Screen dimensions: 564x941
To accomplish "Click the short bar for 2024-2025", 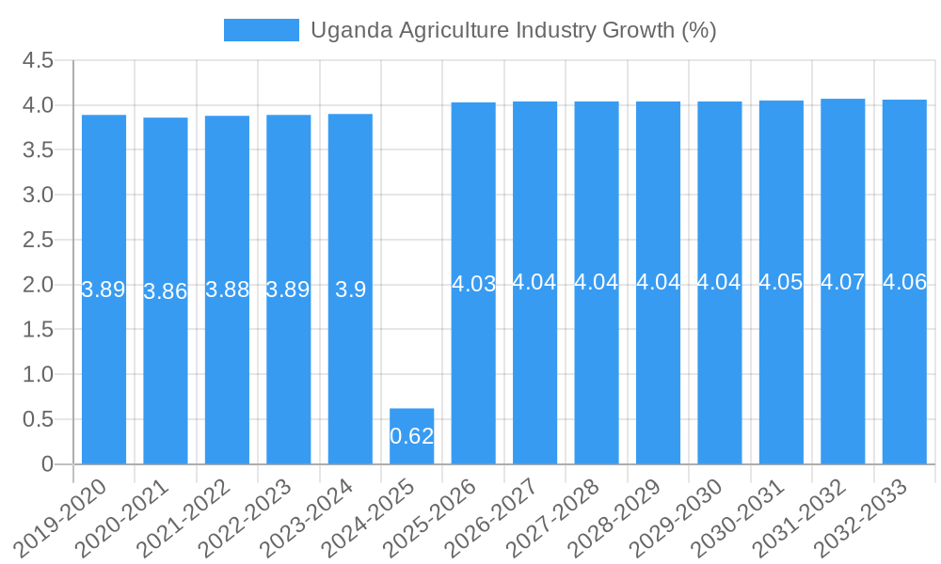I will [x=411, y=436].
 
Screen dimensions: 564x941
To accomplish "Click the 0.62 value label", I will [x=411, y=436].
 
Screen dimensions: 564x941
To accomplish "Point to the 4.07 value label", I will [x=842, y=282].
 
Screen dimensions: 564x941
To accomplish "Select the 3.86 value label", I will [x=166, y=291].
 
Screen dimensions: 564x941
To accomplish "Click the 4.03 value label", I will [x=473, y=284].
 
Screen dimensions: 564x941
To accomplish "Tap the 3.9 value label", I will [x=350, y=290].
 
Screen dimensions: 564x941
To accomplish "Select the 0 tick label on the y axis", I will [x=47, y=464].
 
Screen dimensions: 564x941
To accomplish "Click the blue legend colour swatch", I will [x=261, y=30].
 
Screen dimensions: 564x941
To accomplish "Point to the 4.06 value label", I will [x=904, y=282].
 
